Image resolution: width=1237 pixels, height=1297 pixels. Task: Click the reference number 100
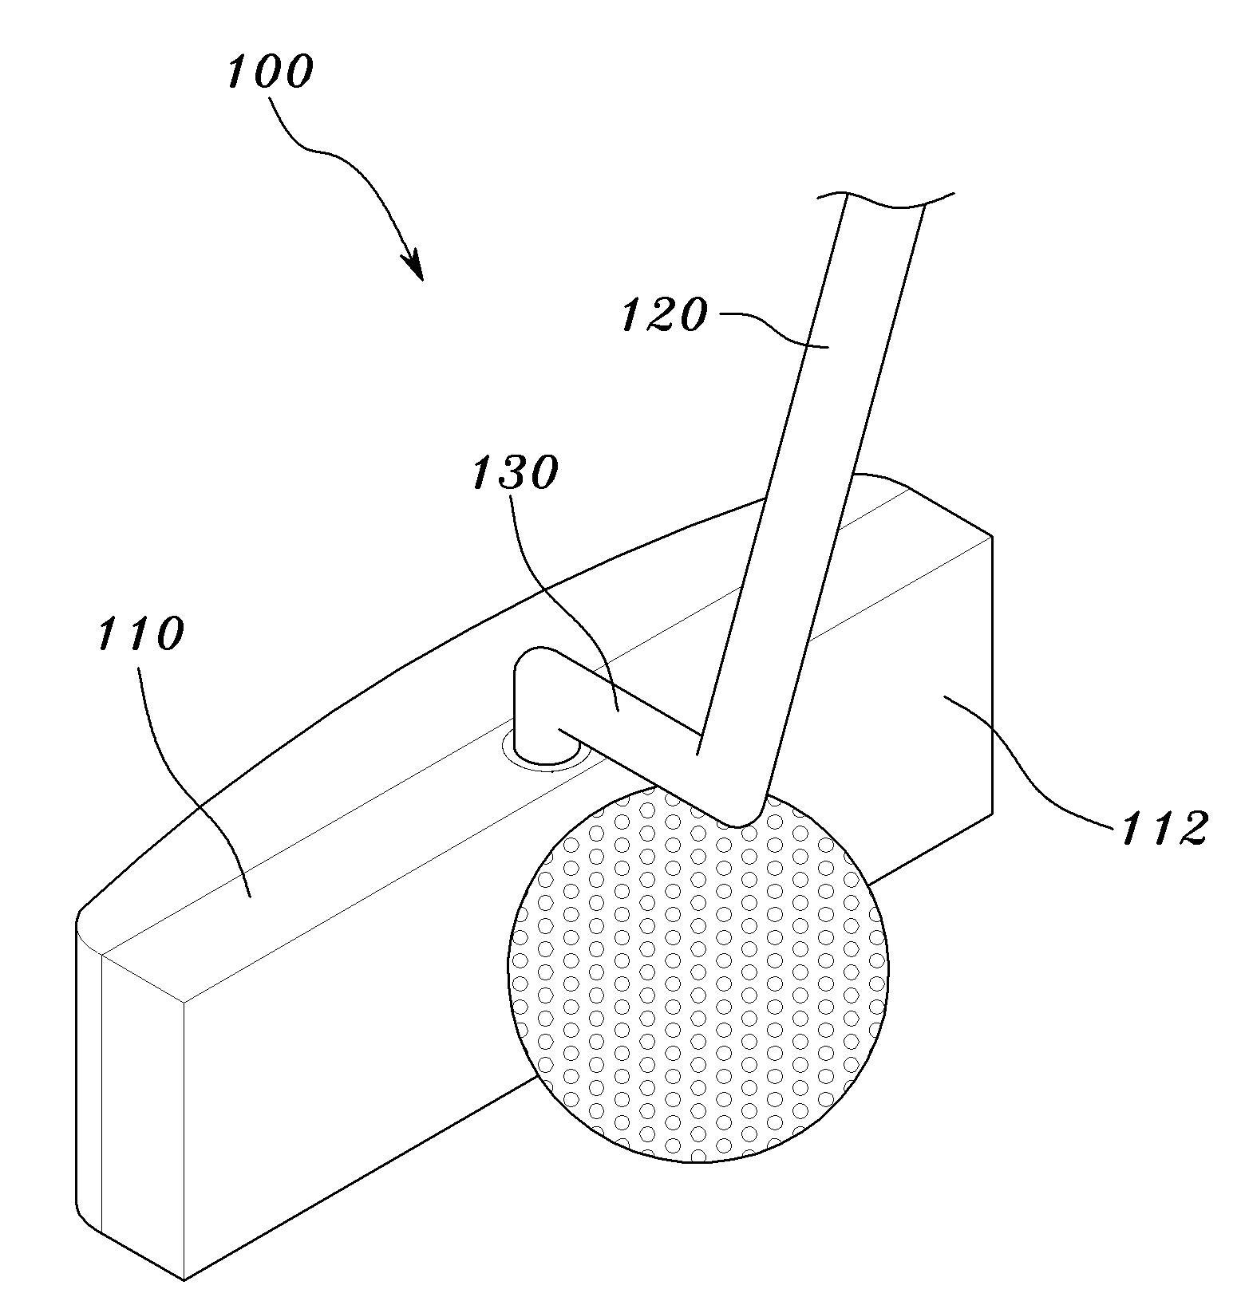coord(270,72)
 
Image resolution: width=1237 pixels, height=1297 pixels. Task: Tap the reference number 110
coord(141,634)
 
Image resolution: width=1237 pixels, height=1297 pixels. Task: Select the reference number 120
coord(664,314)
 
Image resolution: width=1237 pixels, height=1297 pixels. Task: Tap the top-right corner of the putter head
coord(992,535)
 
